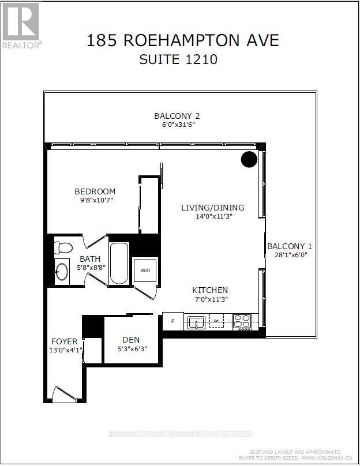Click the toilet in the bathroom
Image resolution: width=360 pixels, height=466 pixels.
click(x=62, y=247)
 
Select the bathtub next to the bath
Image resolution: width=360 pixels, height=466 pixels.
click(x=119, y=264)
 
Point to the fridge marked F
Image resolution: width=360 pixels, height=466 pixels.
click(x=172, y=321)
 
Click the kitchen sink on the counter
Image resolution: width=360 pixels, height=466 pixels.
click(x=197, y=322)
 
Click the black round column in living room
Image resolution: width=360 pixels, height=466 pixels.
click(x=249, y=159)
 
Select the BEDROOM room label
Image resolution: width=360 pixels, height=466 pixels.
click(x=95, y=191)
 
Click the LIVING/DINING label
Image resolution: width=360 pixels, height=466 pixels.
click(x=212, y=208)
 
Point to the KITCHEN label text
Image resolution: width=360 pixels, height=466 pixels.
click(x=210, y=290)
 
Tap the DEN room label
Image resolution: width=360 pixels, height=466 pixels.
click(x=131, y=340)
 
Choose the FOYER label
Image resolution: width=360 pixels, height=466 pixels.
click(x=64, y=341)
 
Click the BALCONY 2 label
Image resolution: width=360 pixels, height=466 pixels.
click(x=177, y=115)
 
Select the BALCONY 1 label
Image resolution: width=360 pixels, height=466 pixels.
click(x=290, y=246)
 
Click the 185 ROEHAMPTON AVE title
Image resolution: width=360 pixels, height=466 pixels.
click(x=182, y=40)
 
